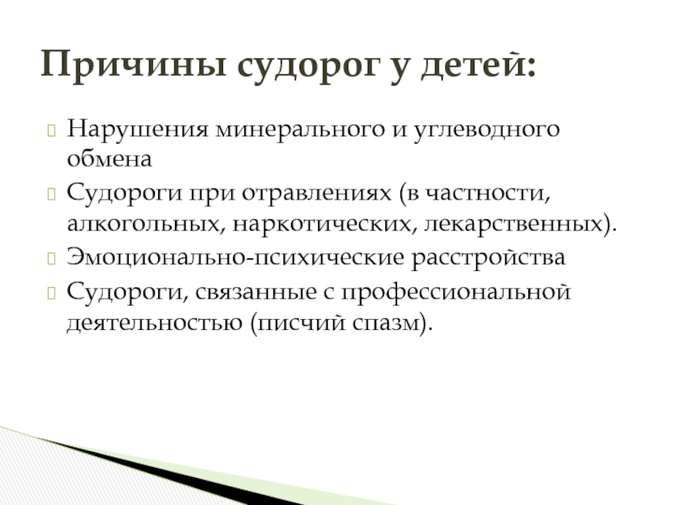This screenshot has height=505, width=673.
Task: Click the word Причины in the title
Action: click(x=134, y=65)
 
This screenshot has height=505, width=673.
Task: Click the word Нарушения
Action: click(x=137, y=129)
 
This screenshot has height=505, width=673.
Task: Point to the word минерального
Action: click(x=300, y=129)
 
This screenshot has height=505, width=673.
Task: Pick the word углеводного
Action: click(x=487, y=130)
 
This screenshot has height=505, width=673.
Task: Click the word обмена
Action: click(x=109, y=158)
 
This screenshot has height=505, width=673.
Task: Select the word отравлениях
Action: click(x=317, y=194)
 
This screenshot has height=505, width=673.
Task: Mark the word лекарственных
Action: click(x=514, y=224)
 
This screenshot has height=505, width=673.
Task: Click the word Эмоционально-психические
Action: click(x=236, y=258)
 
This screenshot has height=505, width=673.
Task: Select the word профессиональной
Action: click(x=456, y=292)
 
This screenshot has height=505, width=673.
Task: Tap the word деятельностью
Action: click(x=155, y=323)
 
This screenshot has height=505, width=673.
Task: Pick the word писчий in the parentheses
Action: click(x=301, y=323)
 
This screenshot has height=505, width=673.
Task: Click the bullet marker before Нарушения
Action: click(x=51, y=130)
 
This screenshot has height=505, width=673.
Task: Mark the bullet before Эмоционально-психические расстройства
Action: click(x=51, y=258)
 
